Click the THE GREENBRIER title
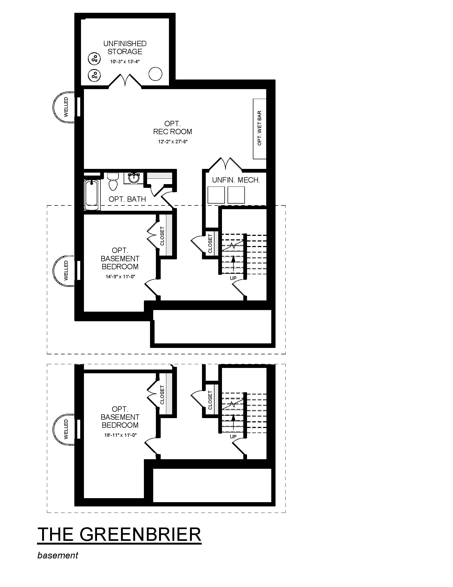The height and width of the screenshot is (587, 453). click(119, 534)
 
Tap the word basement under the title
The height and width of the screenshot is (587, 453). click(58, 555)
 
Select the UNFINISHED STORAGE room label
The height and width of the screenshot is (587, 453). click(125, 47)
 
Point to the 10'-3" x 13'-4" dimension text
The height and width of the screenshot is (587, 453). click(125, 62)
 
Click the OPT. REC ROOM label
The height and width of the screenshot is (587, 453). click(173, 128)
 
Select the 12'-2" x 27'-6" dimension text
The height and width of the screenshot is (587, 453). click(173, 142)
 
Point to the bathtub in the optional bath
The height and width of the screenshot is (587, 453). click(92, 195)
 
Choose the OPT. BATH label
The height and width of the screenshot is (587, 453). click(127, 199)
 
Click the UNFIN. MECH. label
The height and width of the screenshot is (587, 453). click(236, 180)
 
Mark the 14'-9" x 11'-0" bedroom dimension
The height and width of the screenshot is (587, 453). click(120, 277)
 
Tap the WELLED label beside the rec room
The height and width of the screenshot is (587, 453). click(66, 107)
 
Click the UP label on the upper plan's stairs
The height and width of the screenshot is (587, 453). click(233, 278)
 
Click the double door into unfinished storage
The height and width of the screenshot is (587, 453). click(125, 80)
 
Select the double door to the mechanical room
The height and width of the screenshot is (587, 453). click(225, 164)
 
